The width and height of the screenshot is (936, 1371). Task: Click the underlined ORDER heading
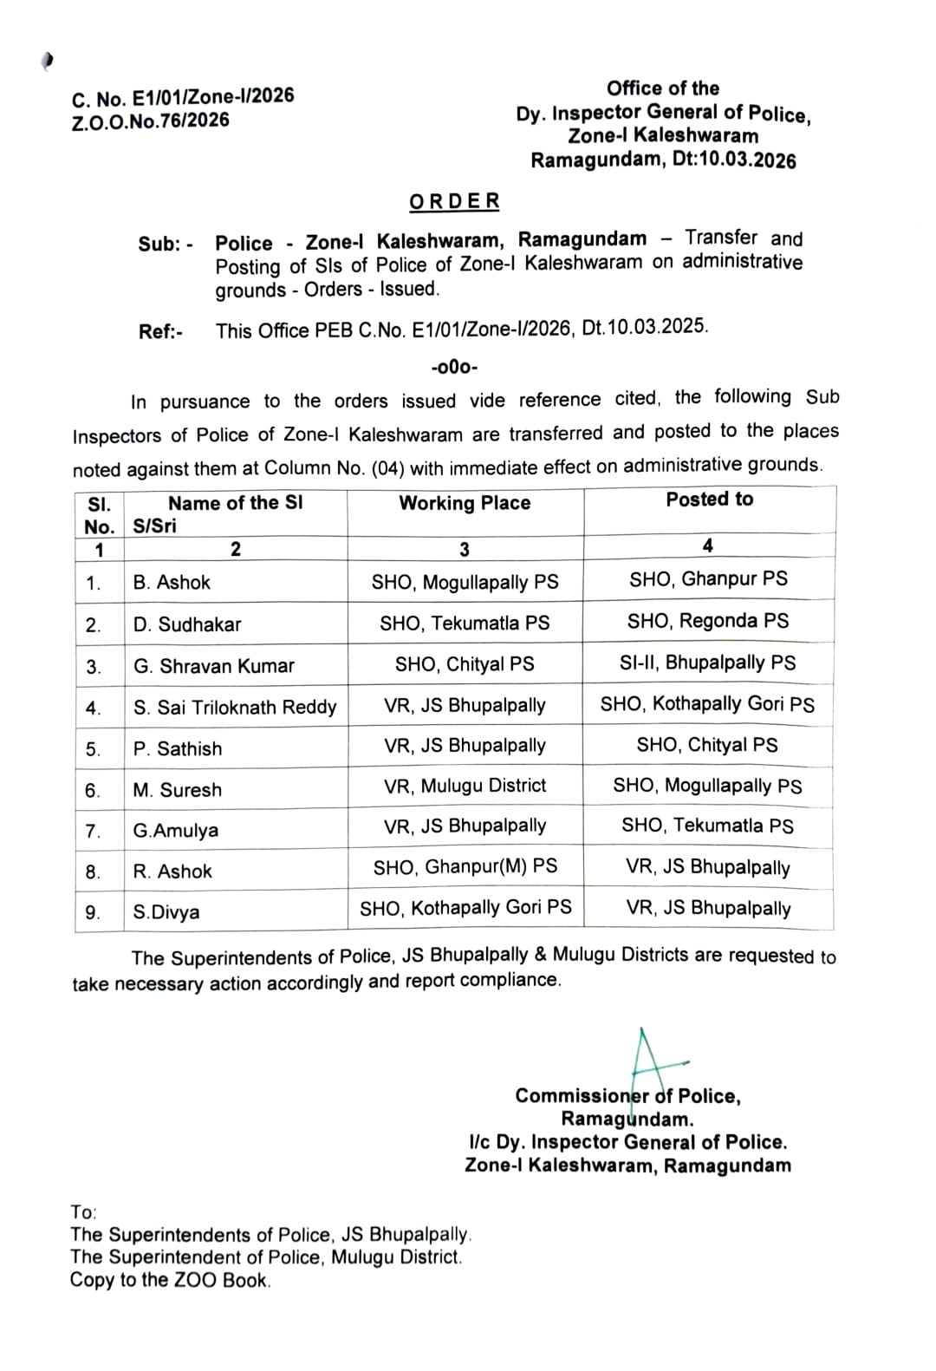click(454, 201)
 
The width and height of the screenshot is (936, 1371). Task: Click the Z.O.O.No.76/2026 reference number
click(150, 121)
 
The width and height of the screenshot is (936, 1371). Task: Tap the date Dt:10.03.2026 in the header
click(734, 160)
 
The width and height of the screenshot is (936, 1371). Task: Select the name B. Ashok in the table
click(172, 583)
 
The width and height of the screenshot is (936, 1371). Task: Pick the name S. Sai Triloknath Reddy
click(235, 708)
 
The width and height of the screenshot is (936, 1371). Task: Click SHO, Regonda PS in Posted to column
click(708, 622)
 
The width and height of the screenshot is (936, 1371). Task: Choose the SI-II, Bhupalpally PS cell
click(707, 663)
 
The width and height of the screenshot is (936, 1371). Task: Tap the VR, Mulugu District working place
click(465, 787)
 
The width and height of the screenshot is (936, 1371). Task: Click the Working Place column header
click(465, 504)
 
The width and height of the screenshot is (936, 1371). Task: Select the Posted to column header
click(709, 499)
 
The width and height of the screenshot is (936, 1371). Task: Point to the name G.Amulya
click(176, 831)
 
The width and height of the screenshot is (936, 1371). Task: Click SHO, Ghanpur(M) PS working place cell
click(465, 867)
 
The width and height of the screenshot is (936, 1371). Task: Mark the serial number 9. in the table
click(93, 912)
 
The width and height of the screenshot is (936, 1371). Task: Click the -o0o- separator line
click(454, 368)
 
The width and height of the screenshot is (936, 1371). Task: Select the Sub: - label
click(166, 245)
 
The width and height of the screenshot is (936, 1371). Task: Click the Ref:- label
click(160, 332)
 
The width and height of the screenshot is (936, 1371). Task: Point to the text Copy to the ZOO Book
click(170, 1280)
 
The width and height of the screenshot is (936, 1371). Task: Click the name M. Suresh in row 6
click(178, 790)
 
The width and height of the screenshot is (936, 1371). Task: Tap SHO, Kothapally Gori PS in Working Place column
click(465, 908)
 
